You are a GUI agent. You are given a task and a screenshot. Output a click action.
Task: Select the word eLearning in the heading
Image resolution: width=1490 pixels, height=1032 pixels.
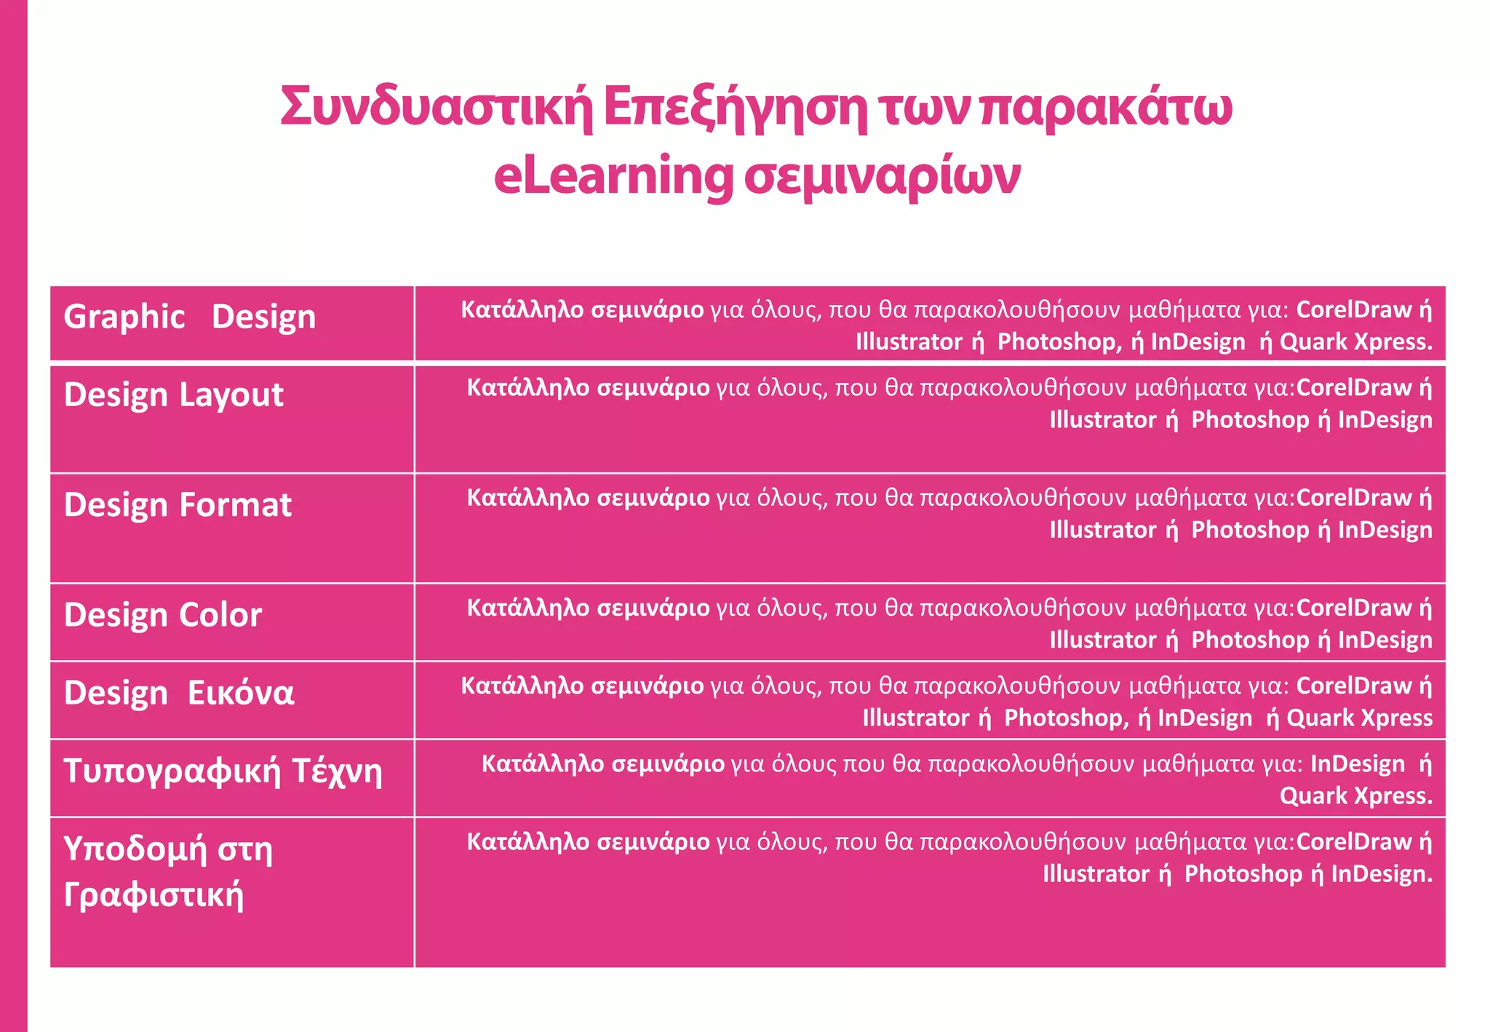613,177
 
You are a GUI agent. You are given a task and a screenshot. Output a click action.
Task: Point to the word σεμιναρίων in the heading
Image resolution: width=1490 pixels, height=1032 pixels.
882,177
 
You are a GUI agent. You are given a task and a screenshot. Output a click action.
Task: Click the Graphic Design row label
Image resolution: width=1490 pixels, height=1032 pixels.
190,317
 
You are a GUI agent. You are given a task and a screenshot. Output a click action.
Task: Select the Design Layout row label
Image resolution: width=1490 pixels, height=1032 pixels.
174,395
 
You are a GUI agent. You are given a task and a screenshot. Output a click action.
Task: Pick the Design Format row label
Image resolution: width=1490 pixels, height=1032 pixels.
178,505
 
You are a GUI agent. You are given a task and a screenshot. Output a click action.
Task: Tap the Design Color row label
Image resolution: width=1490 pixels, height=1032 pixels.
163,615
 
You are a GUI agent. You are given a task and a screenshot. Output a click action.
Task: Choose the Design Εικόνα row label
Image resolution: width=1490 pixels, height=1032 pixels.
179,693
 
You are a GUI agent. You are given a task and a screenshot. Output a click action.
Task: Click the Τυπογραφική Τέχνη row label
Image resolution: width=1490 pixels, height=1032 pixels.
223,771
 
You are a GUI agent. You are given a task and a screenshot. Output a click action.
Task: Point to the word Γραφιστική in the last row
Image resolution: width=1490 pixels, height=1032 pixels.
154,894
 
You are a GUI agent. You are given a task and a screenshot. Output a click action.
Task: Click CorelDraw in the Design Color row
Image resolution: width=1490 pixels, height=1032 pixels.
1354,608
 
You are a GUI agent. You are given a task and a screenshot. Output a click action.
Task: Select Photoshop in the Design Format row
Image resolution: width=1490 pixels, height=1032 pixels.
1250,530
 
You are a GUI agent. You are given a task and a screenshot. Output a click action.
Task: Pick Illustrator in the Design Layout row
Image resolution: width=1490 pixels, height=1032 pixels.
1102,420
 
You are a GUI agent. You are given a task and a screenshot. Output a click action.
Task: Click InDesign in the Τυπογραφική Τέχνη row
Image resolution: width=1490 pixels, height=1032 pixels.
1358,764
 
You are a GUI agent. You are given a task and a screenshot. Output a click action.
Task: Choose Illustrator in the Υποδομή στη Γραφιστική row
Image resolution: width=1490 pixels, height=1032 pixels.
1096,874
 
